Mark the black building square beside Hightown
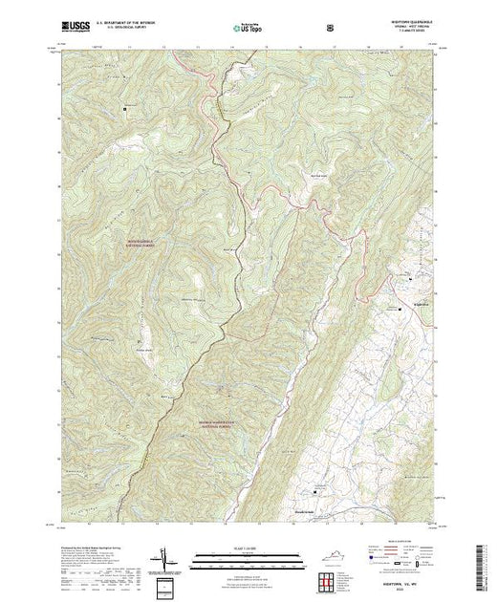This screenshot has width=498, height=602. [x=401, y=310]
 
